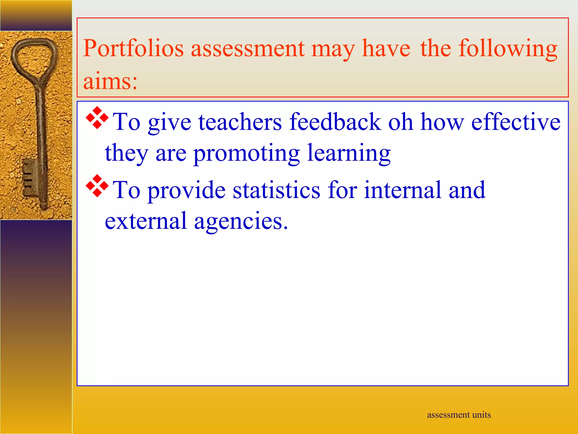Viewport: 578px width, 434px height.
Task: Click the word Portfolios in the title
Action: [133, 49]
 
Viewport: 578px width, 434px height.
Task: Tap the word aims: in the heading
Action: [110, 81]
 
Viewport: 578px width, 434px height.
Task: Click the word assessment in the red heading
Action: [248, 49]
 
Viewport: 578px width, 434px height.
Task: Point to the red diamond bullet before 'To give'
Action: [97, 118]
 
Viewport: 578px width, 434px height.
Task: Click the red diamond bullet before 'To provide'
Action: [97, 186]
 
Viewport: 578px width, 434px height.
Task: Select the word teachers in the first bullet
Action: [240, 122]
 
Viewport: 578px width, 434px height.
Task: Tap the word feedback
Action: [335, 122]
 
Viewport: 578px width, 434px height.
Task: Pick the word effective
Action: [516, 122]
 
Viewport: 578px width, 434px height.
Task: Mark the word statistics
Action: [277, 190]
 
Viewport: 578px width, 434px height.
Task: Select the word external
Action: [146, 221]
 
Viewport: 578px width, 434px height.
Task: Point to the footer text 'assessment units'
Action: [459, 415]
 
